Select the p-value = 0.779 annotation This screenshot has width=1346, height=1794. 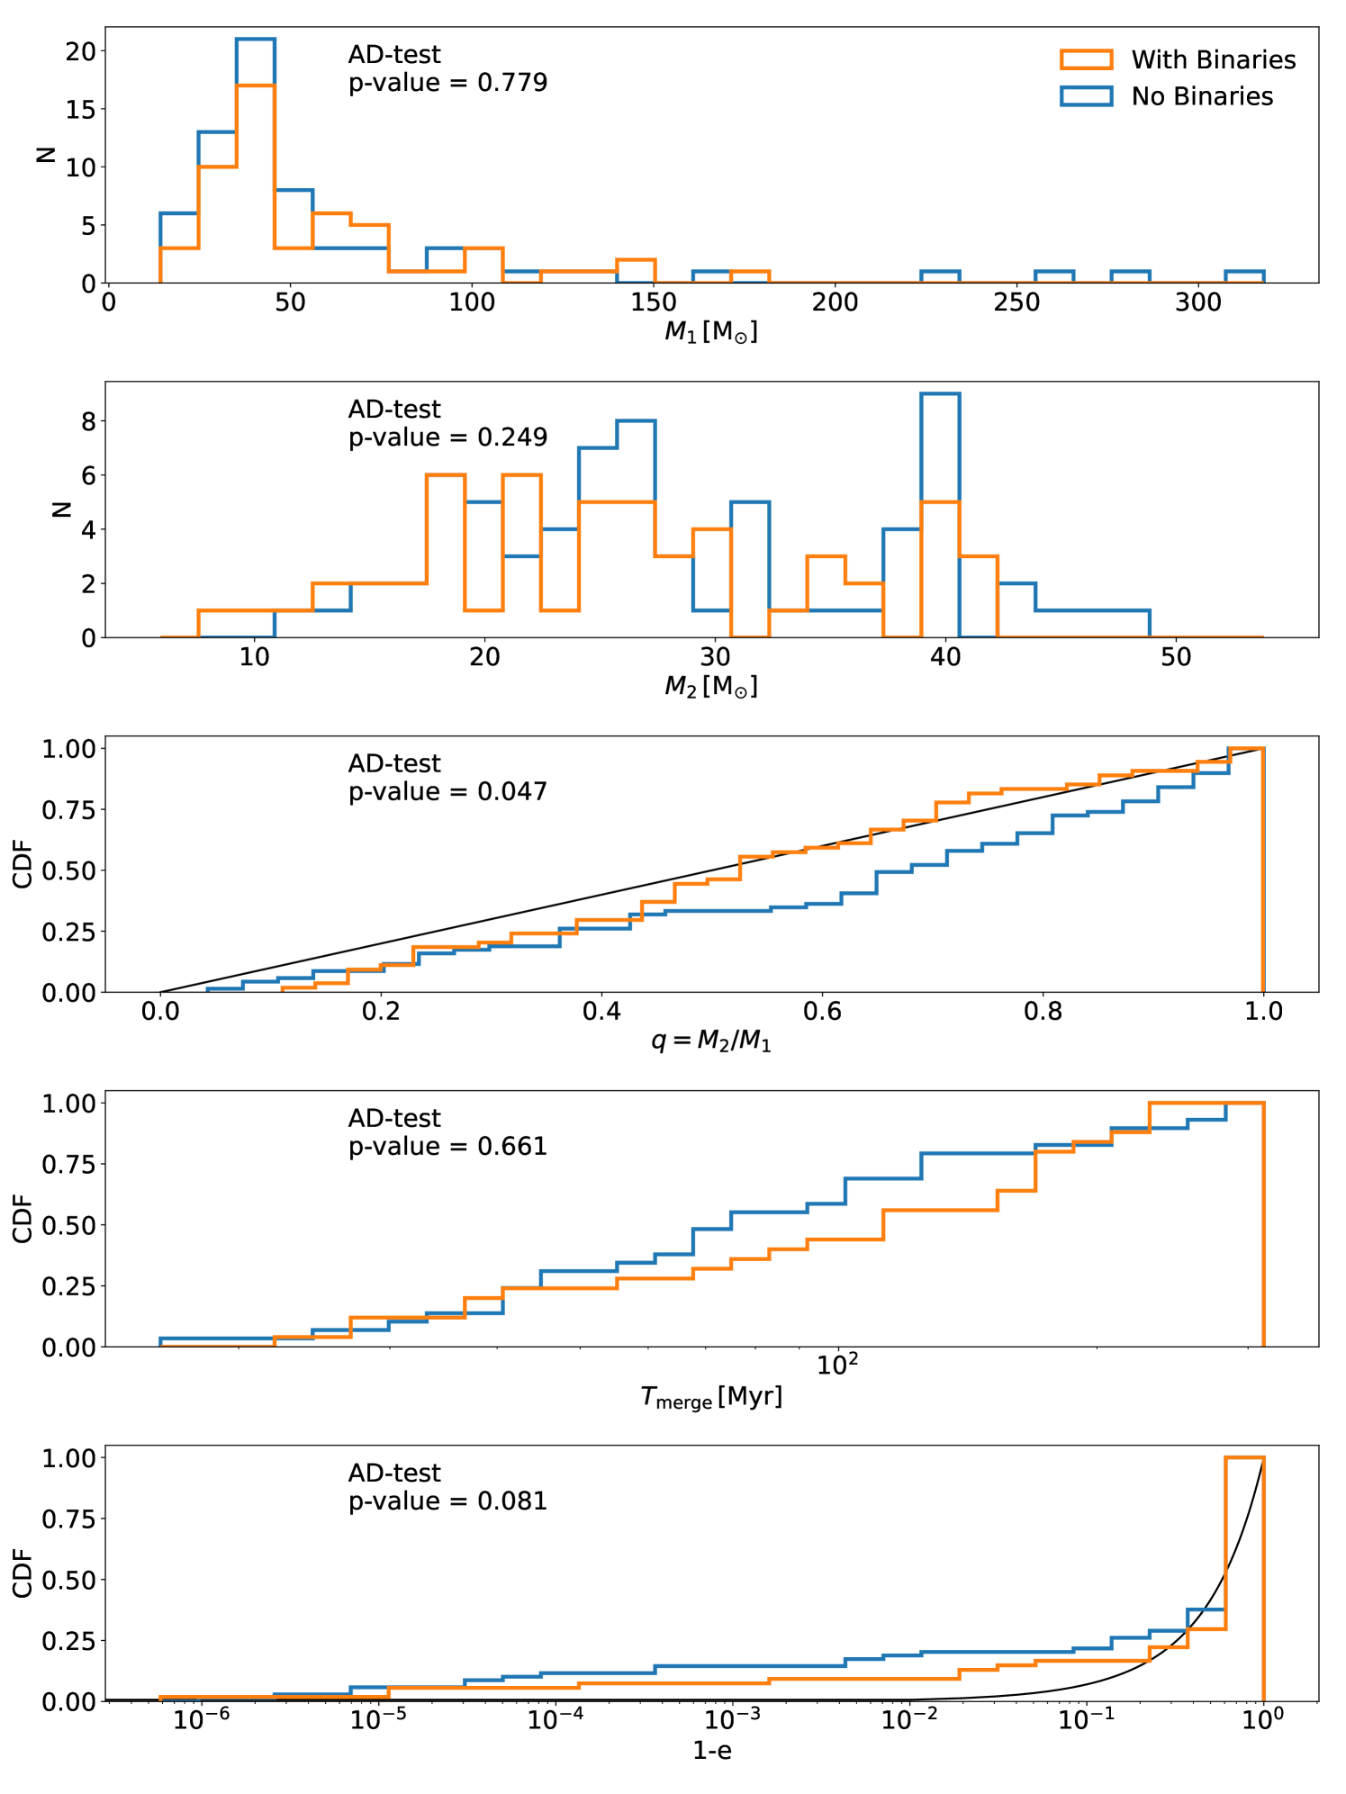click(x=447, y=83)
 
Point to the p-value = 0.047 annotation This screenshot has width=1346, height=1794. click(x=447, y=792)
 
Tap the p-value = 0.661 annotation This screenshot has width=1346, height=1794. click(x=447, y=1147)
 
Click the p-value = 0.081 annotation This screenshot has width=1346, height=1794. click(x=447, y=1501)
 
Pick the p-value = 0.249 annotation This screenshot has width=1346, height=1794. click(x=447, y=437)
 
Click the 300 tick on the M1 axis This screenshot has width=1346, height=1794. click(x=1198, y=302)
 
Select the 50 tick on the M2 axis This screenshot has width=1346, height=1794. click(x=1176, y=657)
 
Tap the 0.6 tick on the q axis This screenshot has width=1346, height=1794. click(x=822, y=1012)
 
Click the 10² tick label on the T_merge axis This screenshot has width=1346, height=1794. click(x=836, y=1365)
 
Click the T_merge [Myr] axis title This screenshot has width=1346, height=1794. click(x=711, y=1397)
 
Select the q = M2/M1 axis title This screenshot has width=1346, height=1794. click(x=711, y=1041)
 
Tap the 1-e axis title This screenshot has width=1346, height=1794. click(x=711, y=1751)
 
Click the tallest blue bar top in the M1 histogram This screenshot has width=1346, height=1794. click(x=255, y=40)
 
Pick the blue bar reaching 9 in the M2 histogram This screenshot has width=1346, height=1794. click(x=940, y=394)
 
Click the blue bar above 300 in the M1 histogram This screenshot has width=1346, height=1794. click(x=1244, y=272)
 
